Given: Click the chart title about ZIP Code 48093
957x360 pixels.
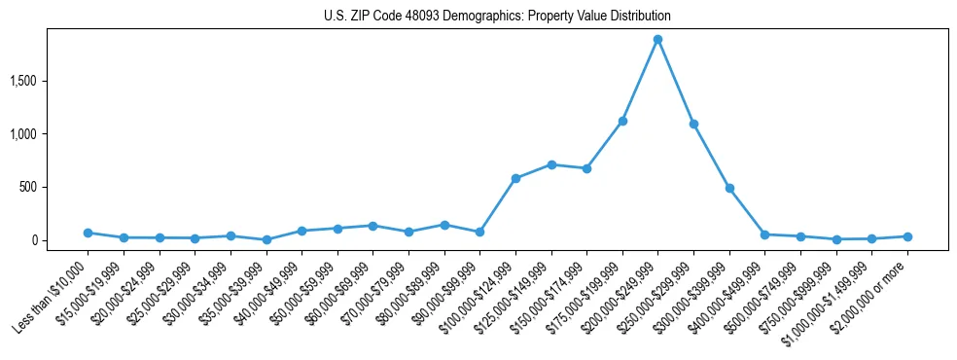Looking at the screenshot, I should coord(497,16).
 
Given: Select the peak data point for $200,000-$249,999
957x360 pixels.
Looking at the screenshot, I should coord(657,40).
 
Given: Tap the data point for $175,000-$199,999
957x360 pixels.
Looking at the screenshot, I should coord(622,121).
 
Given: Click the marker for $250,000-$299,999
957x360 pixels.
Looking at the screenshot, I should coord(693,124).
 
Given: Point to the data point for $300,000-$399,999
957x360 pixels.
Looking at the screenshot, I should coord(729,188).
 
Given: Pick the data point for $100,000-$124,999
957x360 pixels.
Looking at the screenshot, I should coord(515,178).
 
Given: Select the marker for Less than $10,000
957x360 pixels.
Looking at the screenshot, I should coord(88,233).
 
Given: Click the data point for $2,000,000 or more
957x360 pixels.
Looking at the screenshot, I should coord(907,236).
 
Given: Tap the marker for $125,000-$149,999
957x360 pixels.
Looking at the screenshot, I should coord(551,164).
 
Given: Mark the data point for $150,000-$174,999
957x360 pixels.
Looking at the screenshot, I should coord(586,168).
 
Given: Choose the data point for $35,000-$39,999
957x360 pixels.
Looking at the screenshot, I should coord(266,239).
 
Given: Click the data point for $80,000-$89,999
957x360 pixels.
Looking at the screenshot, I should coord(444,225).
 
